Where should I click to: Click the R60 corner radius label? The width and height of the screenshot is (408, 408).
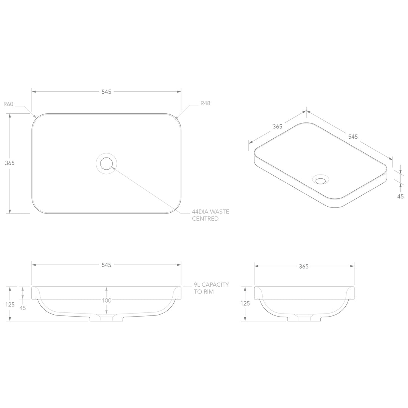click(8, 104)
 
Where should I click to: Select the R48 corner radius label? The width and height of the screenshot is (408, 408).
click(205, 103)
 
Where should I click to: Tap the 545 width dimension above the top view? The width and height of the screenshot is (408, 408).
click(106, 92)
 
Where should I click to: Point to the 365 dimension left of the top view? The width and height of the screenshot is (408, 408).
click(10, 163)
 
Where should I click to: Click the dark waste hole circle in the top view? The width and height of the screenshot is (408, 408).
click(106, 164)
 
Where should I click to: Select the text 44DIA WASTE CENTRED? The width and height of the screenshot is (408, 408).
click(210, 215)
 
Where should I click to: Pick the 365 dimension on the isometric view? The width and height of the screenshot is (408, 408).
click(277, 127)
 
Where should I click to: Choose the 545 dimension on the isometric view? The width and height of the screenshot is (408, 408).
click(352, 137)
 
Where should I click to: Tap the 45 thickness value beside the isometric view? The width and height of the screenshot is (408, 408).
click(400, 196)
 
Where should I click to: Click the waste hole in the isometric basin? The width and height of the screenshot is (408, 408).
click(320, 180)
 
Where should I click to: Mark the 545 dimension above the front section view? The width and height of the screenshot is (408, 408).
click(106, 265)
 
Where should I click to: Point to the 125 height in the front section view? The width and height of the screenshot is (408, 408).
click(10, 304)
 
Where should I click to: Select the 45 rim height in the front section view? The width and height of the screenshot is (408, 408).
click(23, 308)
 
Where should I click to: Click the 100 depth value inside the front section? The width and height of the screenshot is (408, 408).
click(107, 301)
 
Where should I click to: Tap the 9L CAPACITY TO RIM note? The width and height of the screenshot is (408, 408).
click(211, 288)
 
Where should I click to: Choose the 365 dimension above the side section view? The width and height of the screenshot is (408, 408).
click(304, 266)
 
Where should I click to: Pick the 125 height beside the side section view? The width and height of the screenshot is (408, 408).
click(245, 303)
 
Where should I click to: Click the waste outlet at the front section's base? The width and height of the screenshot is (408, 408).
click(106, 318)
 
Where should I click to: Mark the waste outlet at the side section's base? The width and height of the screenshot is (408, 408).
click(304, 318)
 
